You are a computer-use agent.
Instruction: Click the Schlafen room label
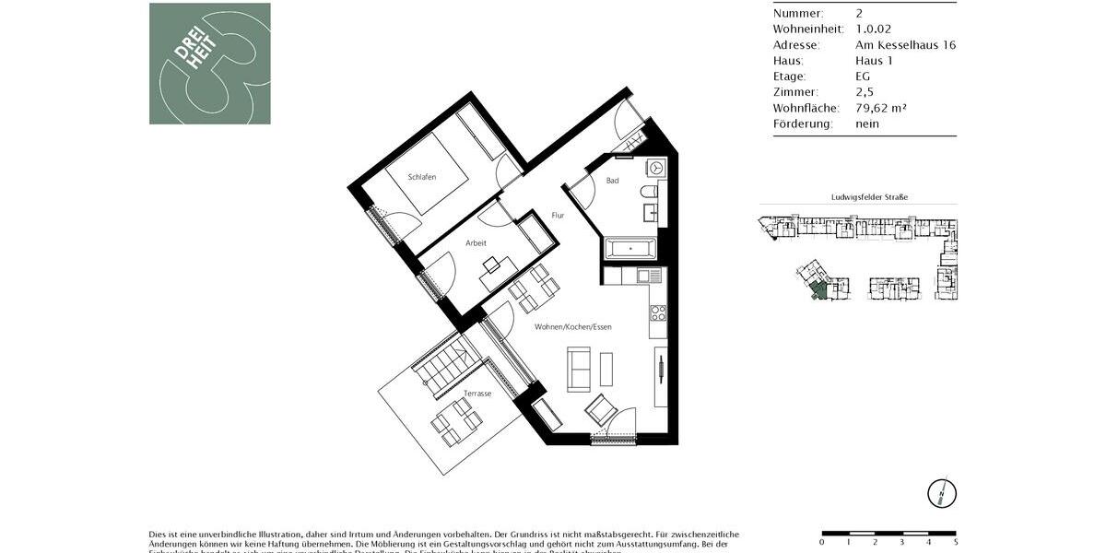click(422, 177)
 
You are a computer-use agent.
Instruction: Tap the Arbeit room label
click(476, 243)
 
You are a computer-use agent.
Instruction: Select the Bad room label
click(612, 182)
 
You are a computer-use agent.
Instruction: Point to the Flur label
click(558, 216)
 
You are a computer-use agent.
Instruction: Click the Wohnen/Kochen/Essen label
click(573, 327)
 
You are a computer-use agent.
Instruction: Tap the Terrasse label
click(477, 394)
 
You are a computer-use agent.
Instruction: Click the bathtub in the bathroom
click(629, 248)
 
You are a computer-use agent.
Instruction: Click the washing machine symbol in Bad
click(655, 169)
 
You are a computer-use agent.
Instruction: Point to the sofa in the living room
click(579, 369)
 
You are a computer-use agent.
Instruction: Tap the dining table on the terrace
click(455, 420)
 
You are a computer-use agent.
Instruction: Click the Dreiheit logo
click(210, 64)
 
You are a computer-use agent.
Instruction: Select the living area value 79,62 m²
click(881, 108)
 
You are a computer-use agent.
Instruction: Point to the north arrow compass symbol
click(941, 493)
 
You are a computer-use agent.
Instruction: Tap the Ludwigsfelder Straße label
click(857, 197)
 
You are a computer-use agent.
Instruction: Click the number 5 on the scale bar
click(956, 542)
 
